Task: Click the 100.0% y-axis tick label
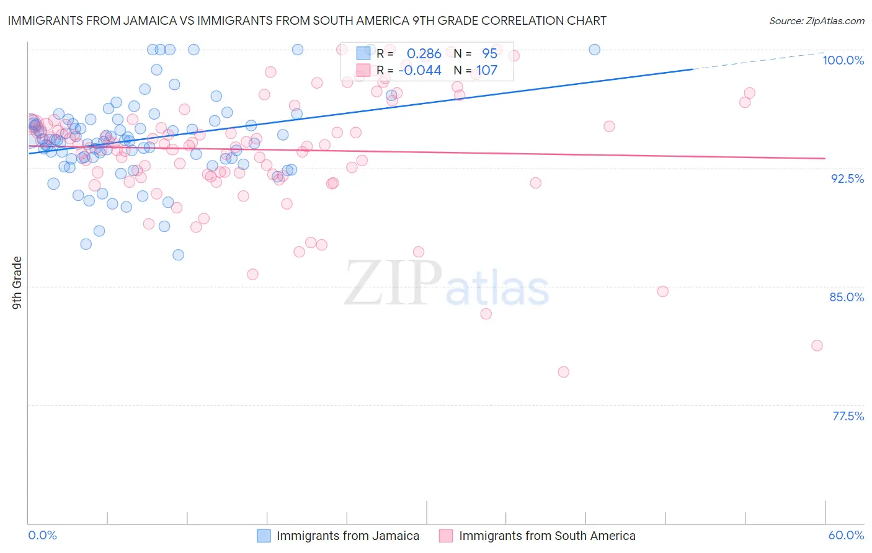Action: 843,60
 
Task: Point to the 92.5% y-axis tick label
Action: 847,179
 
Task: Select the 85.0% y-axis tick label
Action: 847,297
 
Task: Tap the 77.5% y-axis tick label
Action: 847,416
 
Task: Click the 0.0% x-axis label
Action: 42,535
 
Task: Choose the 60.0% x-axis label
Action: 846,535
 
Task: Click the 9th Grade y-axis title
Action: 17,283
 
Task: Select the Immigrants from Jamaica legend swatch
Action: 264,536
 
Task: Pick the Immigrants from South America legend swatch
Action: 446,536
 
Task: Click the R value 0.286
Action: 424,54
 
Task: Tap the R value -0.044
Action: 420,70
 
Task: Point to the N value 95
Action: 489,54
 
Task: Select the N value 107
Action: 486,70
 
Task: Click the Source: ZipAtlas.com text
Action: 816,20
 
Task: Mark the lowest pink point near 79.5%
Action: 563,372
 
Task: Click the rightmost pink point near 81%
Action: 817,345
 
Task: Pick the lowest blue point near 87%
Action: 178,255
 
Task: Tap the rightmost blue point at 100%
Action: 594,50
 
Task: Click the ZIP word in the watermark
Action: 393,283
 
